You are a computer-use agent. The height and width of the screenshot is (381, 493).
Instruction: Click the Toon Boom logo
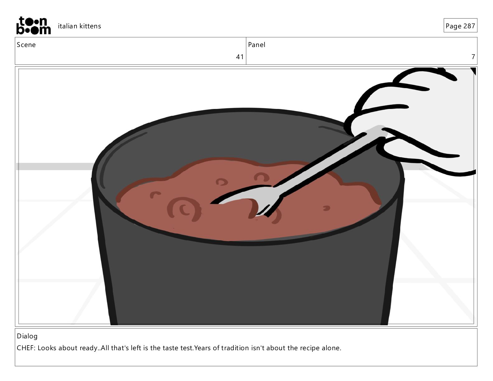click(34, 26)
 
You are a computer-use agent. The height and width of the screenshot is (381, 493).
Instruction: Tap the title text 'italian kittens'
click(79, 26)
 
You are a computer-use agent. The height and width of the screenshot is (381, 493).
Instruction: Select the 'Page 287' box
click(460, 26)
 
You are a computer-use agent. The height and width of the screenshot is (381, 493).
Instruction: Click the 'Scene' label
click(26, 45)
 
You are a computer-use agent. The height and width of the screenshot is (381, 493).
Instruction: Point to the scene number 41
click(240, 57)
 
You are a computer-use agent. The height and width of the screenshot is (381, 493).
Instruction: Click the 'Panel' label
click(256, 45)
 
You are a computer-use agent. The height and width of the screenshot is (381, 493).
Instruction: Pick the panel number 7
click(473, 57)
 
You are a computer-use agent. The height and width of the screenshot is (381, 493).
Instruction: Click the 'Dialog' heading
click(27, 336)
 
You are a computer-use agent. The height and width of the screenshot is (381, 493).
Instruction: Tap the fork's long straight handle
click(329, 159)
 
